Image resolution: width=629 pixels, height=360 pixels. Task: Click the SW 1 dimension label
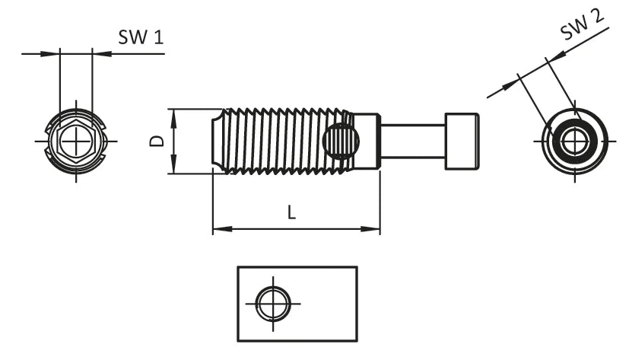pyautogui.click(x=141, y=37)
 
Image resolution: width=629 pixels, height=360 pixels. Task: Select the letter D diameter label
pyautogui.click(x=156, y=142)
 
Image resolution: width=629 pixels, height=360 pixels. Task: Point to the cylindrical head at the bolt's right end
pyautogui.click(x=462, y=142)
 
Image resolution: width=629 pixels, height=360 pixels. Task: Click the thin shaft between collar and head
pyautogui.click(x=411, y=142)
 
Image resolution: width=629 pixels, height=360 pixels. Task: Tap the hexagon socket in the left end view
pyautogui.click(x=75, y=142)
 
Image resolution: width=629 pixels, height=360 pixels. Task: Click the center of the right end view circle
pyautogui.click(x=575, y=142)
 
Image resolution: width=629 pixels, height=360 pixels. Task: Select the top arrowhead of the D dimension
pyautogui.click(x=174, y=114)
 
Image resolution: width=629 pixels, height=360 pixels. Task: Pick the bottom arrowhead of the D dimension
pyautogui.click(x=174, y=169)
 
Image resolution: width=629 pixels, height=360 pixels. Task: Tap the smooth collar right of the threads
pyautogui.click(x=368, y=142)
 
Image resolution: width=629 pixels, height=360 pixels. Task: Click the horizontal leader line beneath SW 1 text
pyautogui.click(x=129, y=53)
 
